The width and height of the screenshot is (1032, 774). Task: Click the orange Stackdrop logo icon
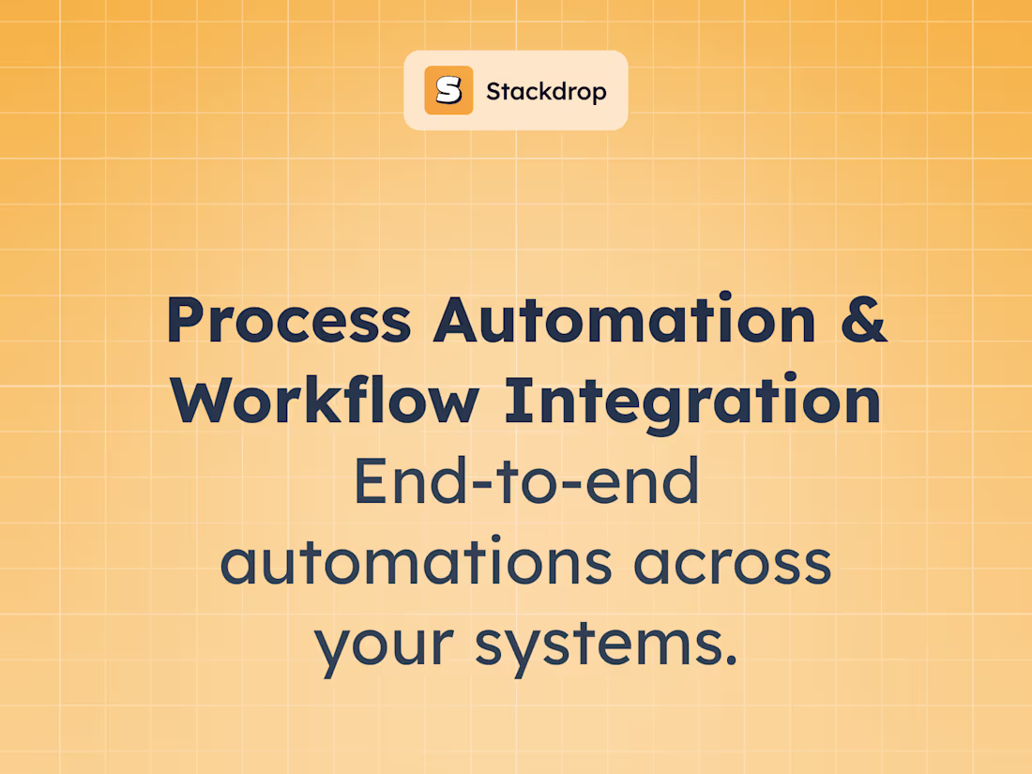448,90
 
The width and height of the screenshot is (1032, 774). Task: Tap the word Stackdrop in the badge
546,91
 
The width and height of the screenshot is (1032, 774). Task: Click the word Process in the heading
288,320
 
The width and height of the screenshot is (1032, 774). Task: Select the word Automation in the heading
625,320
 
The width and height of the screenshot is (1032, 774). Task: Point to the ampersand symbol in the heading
861,320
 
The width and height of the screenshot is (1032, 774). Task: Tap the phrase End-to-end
526,481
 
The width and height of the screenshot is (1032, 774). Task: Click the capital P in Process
186,320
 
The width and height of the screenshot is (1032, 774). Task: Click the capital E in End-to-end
371,481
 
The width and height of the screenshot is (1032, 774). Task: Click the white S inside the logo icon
448,90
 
